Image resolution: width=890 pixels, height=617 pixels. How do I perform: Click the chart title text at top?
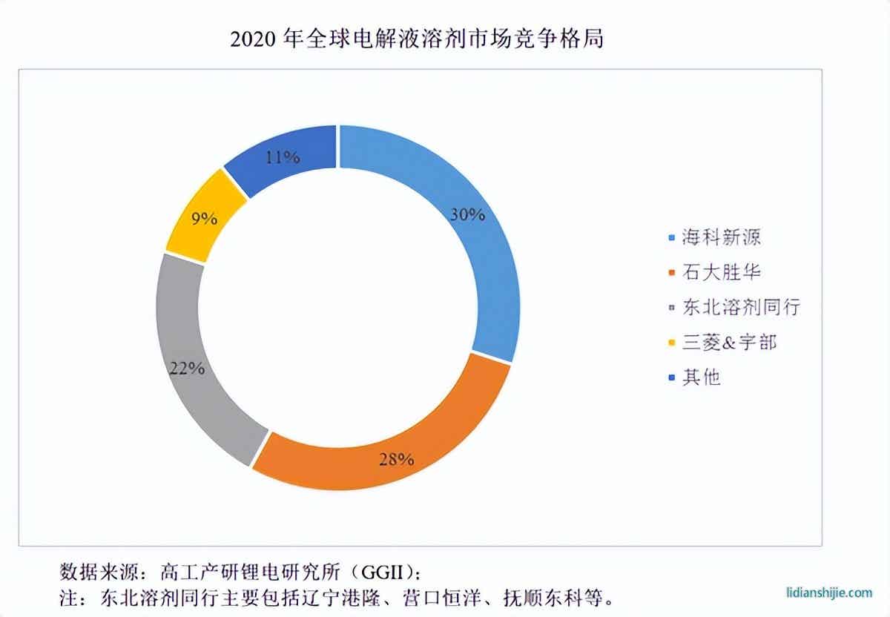click(417, 39)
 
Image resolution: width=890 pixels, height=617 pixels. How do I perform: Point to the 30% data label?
click(467, 215)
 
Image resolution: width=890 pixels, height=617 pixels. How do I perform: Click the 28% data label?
click(395, 459)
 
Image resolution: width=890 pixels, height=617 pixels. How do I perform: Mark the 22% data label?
click(186, 368)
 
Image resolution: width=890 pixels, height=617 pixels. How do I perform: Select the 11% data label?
click(282, 157)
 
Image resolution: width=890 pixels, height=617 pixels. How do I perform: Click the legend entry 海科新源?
click(721, 238)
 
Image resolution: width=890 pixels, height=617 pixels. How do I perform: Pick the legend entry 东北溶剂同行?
click(740, 307)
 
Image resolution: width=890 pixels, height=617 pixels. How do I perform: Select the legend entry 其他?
click(701, 377)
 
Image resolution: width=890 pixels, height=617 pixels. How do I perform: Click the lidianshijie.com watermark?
click(829, 593)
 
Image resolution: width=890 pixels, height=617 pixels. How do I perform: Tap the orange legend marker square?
click(672, 274)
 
